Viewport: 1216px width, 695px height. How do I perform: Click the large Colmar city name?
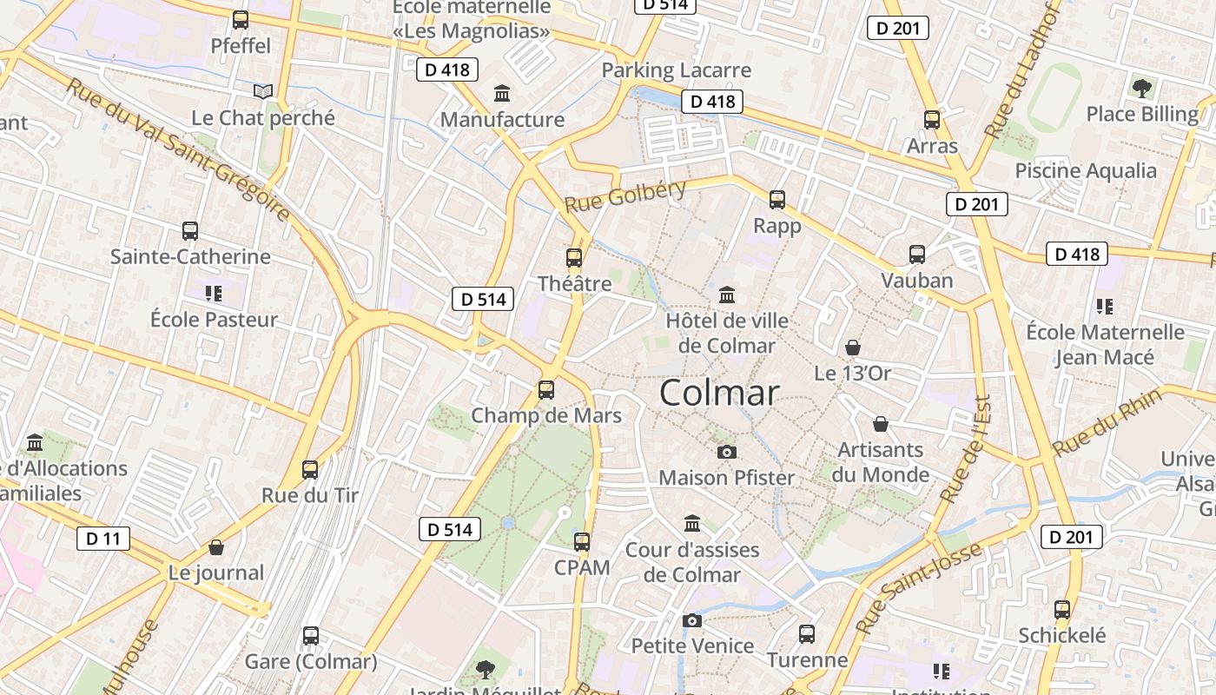(x=719, y=393)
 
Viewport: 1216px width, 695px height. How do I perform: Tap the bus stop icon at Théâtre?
(x=574, y=258)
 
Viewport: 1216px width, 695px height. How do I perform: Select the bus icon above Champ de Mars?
(x=546, y=390)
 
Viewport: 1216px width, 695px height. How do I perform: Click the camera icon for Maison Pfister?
(x=727, y=452)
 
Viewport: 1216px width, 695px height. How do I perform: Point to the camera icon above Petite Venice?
(x=692, y=620)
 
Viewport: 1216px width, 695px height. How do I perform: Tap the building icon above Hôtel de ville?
(x=727, y=295)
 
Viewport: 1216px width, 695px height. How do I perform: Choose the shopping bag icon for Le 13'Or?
(x=853, y=347)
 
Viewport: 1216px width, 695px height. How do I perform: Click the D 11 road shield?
(x=102, y=539)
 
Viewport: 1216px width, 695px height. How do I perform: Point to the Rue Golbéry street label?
(x=625, y=196)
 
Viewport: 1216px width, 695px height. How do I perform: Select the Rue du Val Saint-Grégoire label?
(x=178, y=149)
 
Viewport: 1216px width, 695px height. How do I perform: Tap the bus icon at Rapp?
(x=777, y=200)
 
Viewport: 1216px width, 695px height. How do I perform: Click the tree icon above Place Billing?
(x=1142, y=88)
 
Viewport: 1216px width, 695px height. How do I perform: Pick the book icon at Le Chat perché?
(x=263, y=91)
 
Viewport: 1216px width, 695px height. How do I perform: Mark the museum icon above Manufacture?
(x=502, y=93)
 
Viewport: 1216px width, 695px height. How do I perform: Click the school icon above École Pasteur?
(x=214, y=293)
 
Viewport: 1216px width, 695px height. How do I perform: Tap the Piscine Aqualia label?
(x=1086, y=170)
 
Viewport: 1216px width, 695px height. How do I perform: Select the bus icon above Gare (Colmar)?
(x=311, y=636)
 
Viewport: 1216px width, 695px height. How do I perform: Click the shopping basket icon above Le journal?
(x=216, y=547)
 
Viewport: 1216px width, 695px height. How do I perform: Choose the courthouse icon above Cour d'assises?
(x=692, y=523)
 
